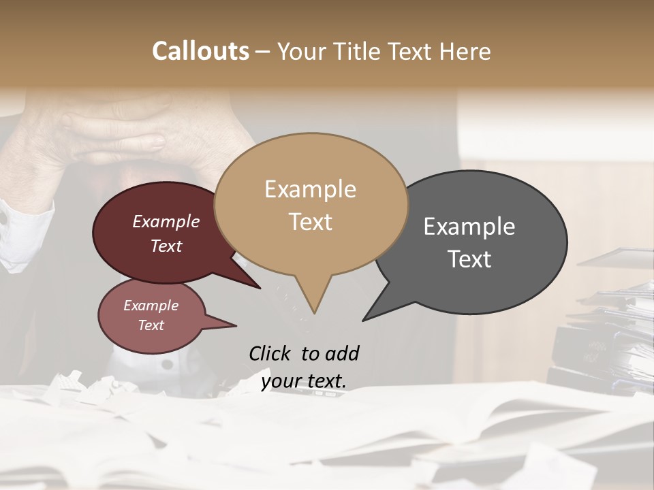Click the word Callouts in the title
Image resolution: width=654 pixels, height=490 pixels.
[200, 51]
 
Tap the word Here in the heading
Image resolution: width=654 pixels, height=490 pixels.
[466, 51]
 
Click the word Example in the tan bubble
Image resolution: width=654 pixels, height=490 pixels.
[310, 189]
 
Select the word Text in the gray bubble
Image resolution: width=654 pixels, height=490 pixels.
[469, 259]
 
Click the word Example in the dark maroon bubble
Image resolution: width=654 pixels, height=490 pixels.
[166, 222]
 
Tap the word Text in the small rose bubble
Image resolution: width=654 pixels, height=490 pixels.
[151, 325]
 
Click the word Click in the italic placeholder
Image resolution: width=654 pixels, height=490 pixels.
[270, 353]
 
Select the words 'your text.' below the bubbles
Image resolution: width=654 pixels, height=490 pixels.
[303, 382]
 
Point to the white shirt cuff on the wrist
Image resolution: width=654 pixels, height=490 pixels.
[24, 235]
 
